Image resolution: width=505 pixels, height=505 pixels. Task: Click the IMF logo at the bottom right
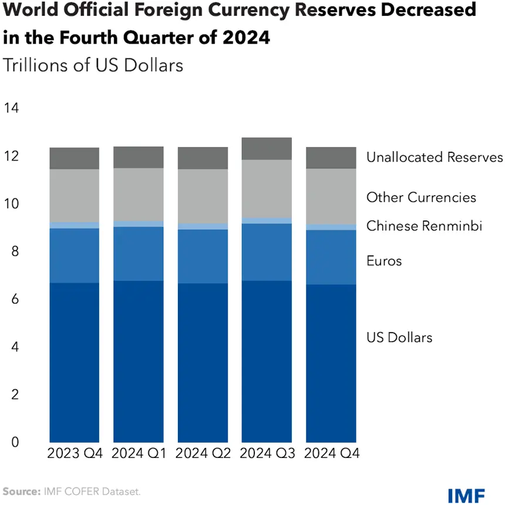466,496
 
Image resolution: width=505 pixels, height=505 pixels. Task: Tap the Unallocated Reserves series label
435,157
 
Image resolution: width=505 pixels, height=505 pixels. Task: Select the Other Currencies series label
421,198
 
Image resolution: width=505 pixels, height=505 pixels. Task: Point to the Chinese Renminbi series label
424,226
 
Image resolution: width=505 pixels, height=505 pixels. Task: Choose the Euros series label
384,261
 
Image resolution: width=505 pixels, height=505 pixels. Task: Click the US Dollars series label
399,337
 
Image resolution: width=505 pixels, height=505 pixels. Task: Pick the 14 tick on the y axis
11,108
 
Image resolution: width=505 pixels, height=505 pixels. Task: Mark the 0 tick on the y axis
15,442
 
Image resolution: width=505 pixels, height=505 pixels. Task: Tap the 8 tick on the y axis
15,251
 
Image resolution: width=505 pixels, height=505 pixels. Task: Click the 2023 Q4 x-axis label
75,453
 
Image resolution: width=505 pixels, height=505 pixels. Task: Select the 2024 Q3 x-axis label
267,453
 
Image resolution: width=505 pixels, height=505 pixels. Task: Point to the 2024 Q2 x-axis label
203,453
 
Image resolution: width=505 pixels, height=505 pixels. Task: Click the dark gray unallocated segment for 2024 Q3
267,149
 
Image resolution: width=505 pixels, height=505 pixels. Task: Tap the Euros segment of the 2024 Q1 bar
139,254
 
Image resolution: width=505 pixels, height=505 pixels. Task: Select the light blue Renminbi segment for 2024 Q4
331,228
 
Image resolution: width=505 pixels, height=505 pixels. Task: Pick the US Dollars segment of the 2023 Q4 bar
75,363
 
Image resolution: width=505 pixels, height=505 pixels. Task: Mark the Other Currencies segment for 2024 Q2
203,196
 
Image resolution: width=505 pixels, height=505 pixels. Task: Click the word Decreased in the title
429,9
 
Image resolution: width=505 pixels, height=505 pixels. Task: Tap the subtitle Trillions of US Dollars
93,65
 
